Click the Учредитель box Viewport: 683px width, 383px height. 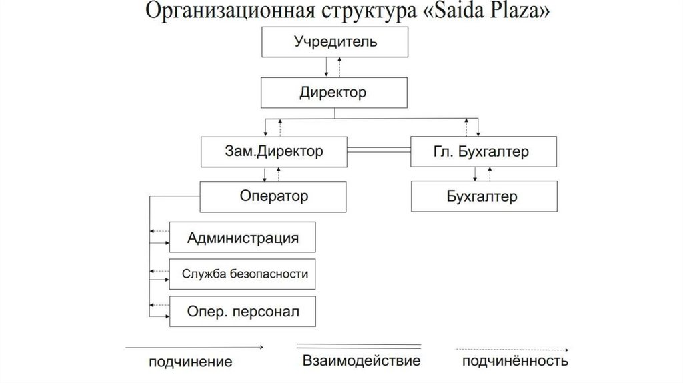[x=335, y=43]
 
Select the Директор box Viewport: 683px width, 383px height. [x=335, y=93]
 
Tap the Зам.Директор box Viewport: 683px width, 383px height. [x=273, y=152]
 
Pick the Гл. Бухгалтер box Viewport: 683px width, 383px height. [x=483, y=152]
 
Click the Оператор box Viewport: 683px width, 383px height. [x=273, y=197]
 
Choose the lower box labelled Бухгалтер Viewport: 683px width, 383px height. [x=483, y=198]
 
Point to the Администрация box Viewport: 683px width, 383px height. [x=243, y=238]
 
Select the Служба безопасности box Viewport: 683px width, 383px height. [x=243, y=274]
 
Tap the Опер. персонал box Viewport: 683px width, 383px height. [x=243, y=311]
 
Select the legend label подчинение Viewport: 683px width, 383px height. [x=190, y=362]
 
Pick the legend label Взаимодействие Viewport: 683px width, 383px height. [x=361, y=362]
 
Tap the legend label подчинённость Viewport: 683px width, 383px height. [x=515, y=362]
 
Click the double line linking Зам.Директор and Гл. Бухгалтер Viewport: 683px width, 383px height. [x=378, y=151]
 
